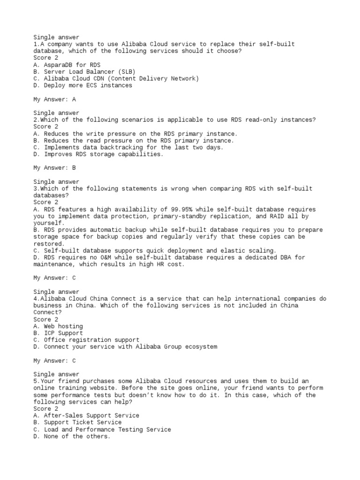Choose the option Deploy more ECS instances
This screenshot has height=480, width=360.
(x=82, y=85)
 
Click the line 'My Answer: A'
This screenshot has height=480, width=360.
(x=54, y=99)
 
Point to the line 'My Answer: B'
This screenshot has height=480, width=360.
(x=54, y=168)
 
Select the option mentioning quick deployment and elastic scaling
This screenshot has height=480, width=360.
(x=155, y=250)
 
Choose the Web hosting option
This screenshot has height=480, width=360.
(x=58, y=326)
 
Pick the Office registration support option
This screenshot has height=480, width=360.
(x=86, y=340)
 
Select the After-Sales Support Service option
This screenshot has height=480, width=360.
(x=86, y=415)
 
